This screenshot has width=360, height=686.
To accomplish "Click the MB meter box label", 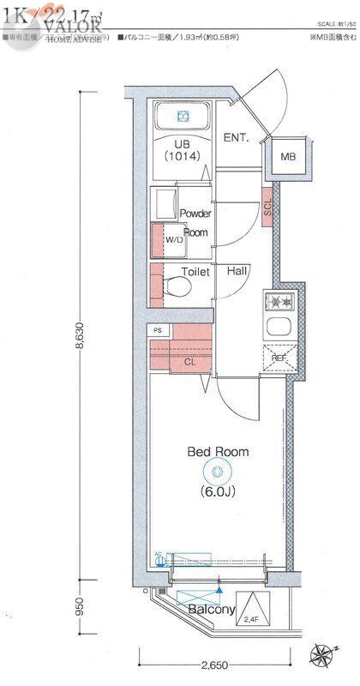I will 288,157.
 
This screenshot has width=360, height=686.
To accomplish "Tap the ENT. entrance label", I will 236,137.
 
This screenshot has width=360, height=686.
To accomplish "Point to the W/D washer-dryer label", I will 175,240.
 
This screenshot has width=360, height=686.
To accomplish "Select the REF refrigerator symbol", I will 279,358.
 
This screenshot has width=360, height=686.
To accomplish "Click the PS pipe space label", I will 157,330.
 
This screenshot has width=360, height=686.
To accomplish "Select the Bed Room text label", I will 219,451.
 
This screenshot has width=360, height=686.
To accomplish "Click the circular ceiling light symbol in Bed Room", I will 217,471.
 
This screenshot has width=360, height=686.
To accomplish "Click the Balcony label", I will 211,610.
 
